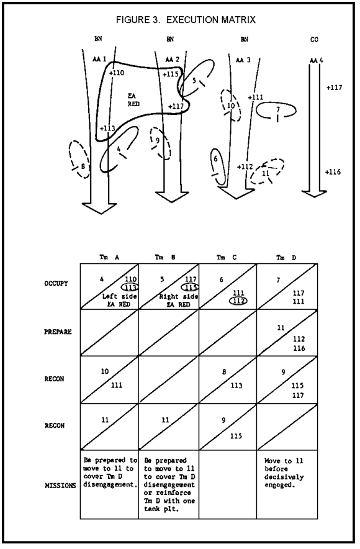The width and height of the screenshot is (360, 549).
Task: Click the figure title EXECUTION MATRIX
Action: click(211, 20)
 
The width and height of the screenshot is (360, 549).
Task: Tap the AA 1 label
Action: click(99, 59)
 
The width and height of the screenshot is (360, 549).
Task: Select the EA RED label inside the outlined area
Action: click(133, 100)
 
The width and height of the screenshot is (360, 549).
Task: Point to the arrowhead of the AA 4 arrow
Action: click(314, 194)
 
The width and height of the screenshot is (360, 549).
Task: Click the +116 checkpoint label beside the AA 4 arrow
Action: click(333, 172)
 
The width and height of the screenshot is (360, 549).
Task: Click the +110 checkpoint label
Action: click(117, 73)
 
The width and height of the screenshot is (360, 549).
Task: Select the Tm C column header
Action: click(227, 257)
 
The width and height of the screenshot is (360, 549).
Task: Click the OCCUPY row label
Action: click(56, 283)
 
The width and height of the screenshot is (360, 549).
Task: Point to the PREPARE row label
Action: click(58, 332)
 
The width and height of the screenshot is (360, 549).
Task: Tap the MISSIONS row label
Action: click(60, 486)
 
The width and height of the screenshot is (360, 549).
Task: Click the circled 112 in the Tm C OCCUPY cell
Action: click(238, 301)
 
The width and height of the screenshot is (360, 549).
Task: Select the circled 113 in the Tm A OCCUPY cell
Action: click(130, 288)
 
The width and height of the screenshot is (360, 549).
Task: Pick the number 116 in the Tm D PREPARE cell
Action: click(299, 348)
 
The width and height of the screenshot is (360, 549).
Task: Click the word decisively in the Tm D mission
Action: click(284, 477)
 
